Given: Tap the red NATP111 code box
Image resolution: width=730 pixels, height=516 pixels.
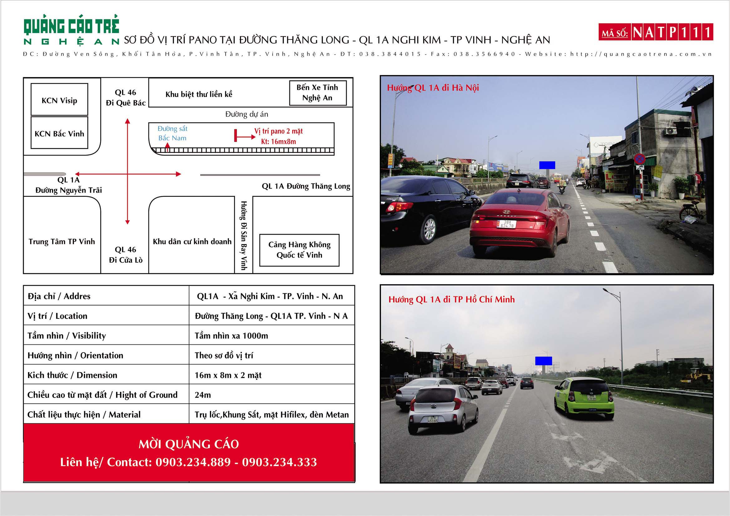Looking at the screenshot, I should tap(656, 32).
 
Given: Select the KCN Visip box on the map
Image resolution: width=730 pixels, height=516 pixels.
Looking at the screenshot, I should tap(60, 100).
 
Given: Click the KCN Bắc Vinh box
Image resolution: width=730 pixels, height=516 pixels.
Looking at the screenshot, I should tap(60, 133).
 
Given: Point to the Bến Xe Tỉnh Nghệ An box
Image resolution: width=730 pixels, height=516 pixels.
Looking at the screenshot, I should tap(317, 92).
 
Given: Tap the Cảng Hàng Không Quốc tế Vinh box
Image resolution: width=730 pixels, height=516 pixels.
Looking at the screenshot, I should tap(299, 250).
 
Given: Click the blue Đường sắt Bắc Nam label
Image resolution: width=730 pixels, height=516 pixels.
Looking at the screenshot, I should tap(172, 134).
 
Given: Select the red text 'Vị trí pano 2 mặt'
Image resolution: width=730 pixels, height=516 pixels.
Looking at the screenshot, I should tap(278, 131).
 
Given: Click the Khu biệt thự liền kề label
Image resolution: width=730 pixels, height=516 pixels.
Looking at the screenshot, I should tap(199, 94).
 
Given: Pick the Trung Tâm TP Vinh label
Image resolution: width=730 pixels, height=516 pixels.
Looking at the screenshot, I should tap(62, 242).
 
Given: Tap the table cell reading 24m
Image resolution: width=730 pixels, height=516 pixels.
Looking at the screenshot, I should tap(203, 395).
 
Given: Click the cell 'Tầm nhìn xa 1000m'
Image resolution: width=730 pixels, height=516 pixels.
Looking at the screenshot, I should tap(231, 336).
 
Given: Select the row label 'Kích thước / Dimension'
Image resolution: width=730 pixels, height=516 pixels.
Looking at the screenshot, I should tap(72, 375).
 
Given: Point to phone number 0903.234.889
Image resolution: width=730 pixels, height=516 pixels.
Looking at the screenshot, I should tap(193, 462).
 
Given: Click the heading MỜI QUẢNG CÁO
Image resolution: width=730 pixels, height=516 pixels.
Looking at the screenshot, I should tap(189, 444).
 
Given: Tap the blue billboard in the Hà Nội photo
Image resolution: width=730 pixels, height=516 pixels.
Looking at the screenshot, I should tap(547, 165).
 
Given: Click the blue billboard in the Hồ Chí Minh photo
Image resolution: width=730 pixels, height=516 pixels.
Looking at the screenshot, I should tap(543, 361).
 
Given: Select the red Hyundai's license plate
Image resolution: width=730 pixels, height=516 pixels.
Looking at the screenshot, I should tap(506, 224).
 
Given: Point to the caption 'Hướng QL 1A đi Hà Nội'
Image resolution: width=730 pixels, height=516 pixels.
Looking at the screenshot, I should tap(433, 88).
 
